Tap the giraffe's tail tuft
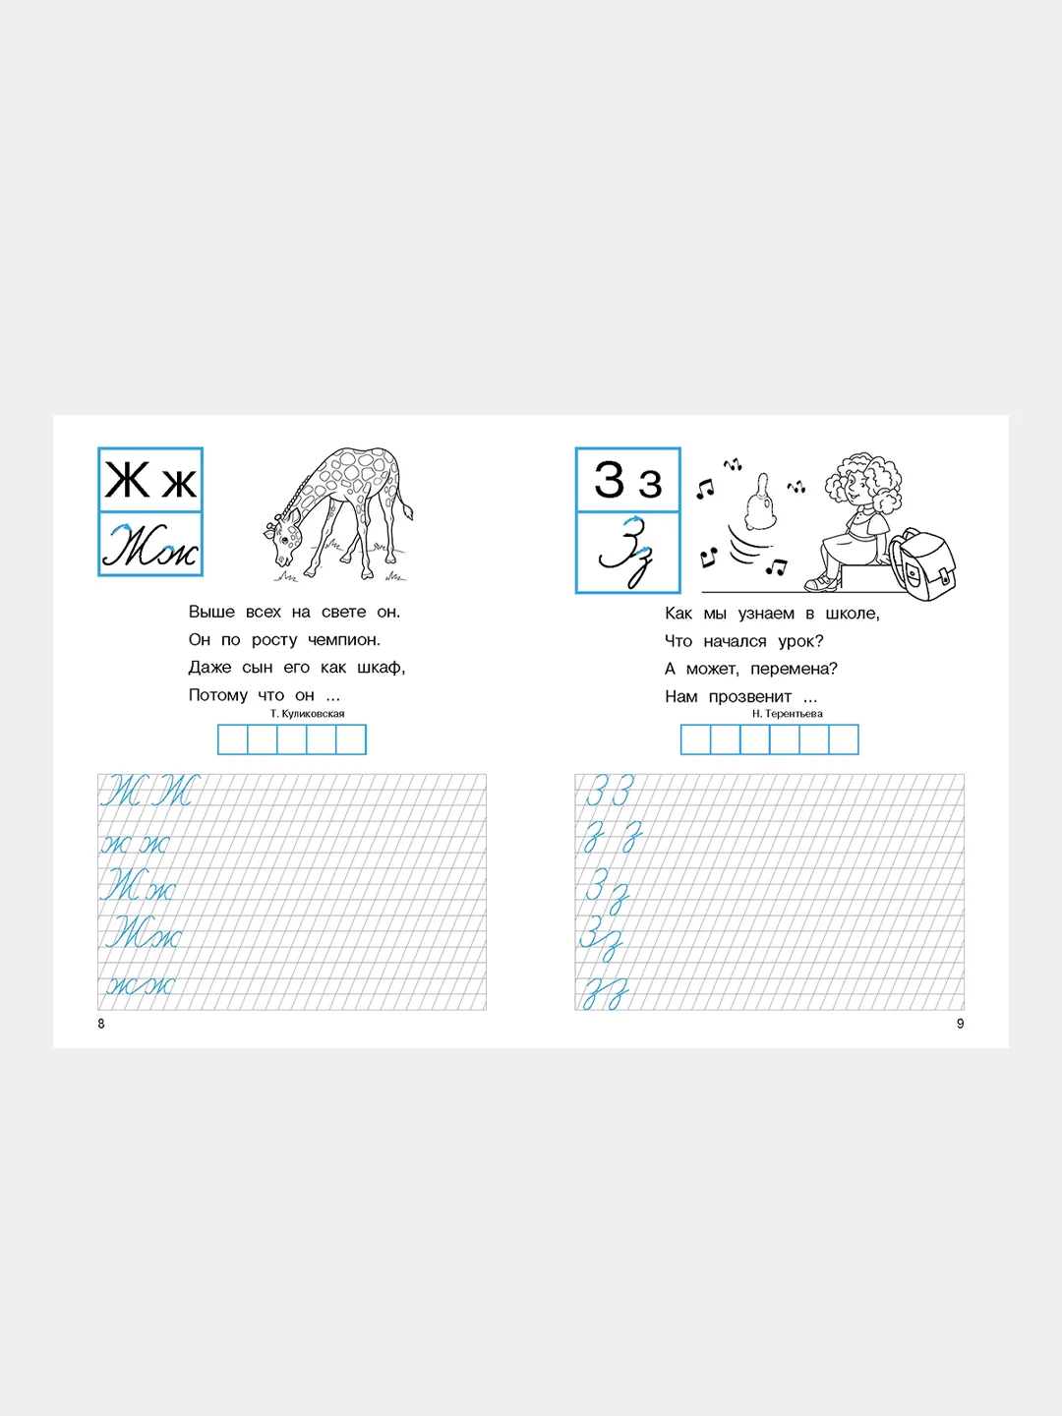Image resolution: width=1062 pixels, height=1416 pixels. pyautogui.click(x=407, y=513)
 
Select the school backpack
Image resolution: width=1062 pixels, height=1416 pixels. pyautogui.click(x=922, y=563)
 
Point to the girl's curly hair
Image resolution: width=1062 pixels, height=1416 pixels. pyautogui.click(x=862, y=481)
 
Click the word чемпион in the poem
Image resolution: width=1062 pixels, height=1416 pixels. pyautogui.click(x=344, y=640)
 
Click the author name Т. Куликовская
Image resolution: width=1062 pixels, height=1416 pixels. pyautogui.click(x=307, y=714)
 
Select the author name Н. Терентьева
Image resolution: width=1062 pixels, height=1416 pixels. pyautogui.click(x=787, y=714)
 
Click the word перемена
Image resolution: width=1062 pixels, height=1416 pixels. pyautogui.click(x=794, y=669)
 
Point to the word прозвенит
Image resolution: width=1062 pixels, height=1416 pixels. pyautogui.click(x=750, y=697)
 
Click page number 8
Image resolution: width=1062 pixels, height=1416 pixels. pyautogui.click(x=101, y=1024)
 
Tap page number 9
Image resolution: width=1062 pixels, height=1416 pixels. pyautogui.click(x=960, y=1024)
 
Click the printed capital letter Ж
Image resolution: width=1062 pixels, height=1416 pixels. pyautogui.click(x=127, y=480)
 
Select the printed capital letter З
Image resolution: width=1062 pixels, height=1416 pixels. pyautogui.click(x=610, y=479)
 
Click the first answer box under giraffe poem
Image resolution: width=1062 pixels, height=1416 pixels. pyautogui.click(x=233, y=739)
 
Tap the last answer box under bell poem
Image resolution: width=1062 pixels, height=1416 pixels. pyautogui.click(x=844, y=739)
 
